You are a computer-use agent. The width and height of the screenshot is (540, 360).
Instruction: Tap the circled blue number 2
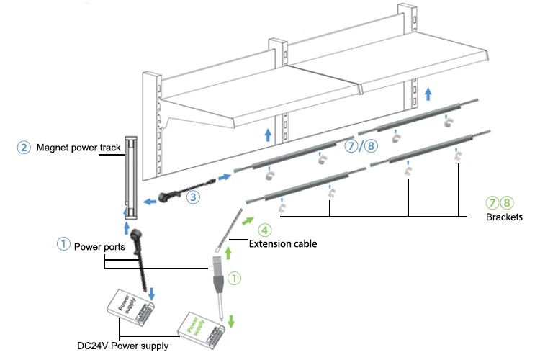point(24,148)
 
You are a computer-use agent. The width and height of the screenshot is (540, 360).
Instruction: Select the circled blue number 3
point(193,195)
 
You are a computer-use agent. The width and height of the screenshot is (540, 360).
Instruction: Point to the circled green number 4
point(265,230)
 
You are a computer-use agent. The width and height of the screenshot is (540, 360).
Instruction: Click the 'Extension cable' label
point(282,244)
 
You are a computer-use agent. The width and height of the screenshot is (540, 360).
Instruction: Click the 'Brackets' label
point(503,216)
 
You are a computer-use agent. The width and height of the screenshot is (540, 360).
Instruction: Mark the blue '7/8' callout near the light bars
point(361,146)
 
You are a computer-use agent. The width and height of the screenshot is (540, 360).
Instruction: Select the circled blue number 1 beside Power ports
point(64,244)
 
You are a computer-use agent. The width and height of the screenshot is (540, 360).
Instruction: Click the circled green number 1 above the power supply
point(233,276)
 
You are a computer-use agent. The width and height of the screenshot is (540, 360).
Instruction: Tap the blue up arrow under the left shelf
point(268,135)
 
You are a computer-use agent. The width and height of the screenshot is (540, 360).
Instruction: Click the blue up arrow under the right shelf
point(428,93)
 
